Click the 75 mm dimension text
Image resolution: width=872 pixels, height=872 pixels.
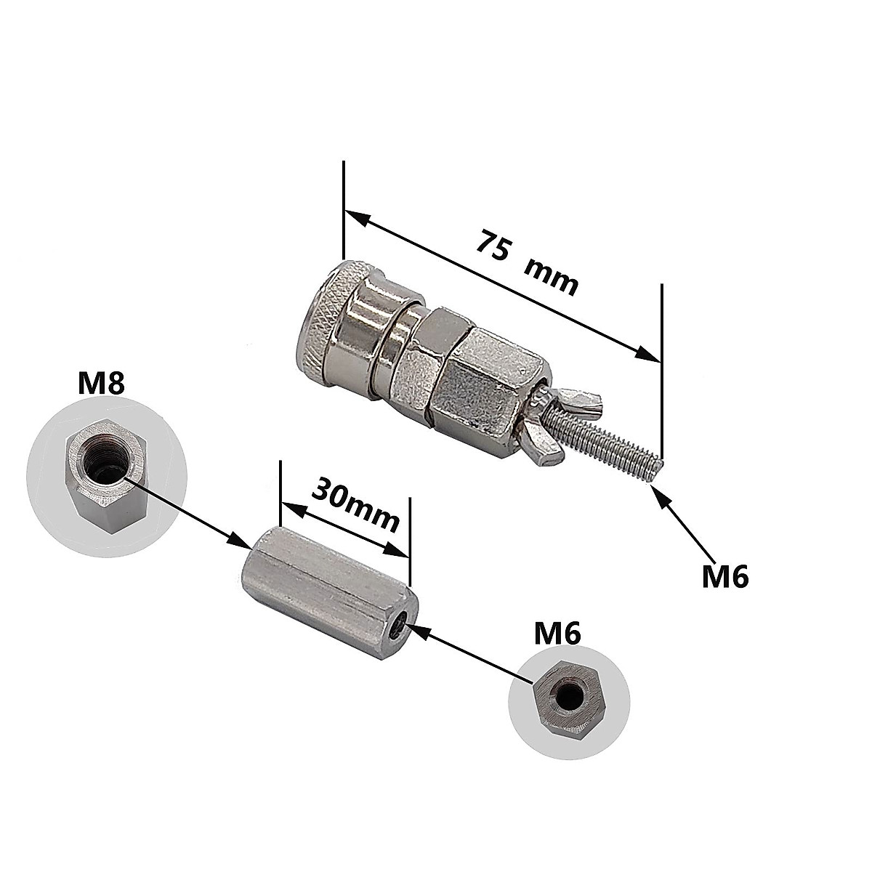click(527, 262)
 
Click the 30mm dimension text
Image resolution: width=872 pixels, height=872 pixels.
click(355, 505)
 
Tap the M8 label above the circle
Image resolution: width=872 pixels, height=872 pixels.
click(102, 384)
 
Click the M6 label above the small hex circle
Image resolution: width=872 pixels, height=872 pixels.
click(557, 634)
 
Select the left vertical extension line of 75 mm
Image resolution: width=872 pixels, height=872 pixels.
click(342, 211)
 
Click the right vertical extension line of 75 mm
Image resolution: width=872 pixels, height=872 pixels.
click(662, 363)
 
